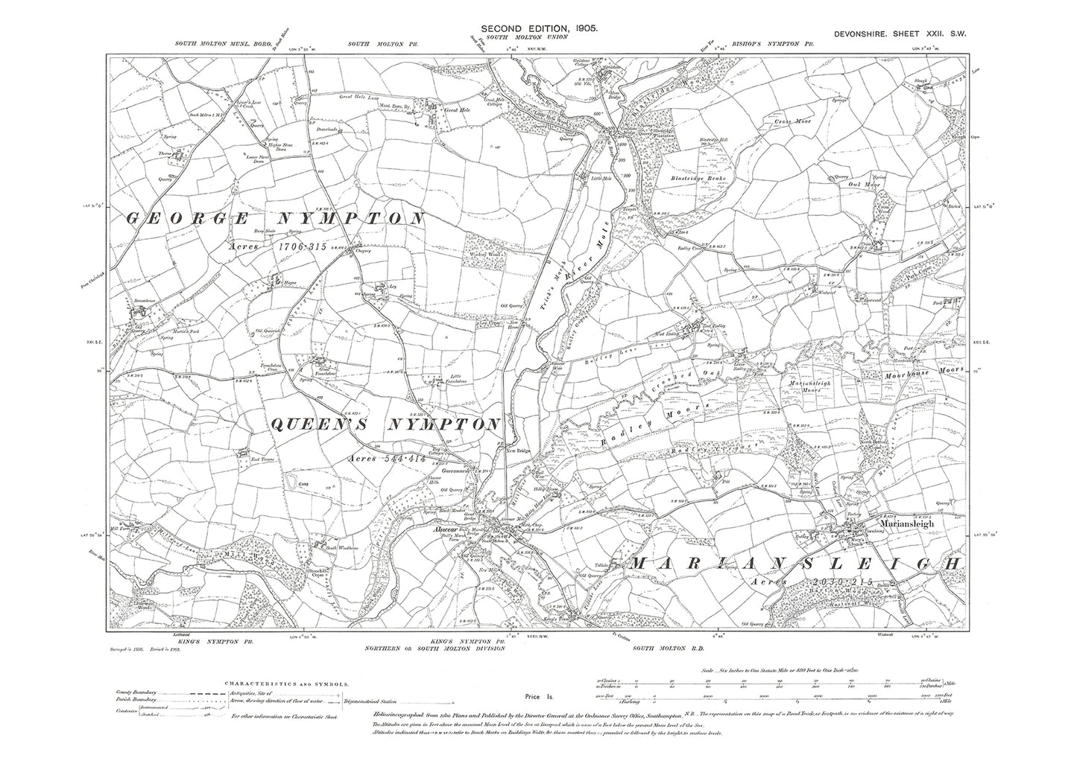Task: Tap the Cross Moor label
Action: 792,120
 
